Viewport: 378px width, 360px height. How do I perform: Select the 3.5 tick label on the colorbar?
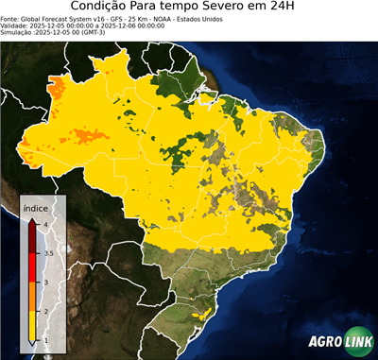48,253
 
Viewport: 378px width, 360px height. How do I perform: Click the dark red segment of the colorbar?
32,238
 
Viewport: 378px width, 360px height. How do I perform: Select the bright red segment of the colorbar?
32,267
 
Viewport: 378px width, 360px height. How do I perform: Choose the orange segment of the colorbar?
32,297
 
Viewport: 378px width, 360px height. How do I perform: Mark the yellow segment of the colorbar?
32,326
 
